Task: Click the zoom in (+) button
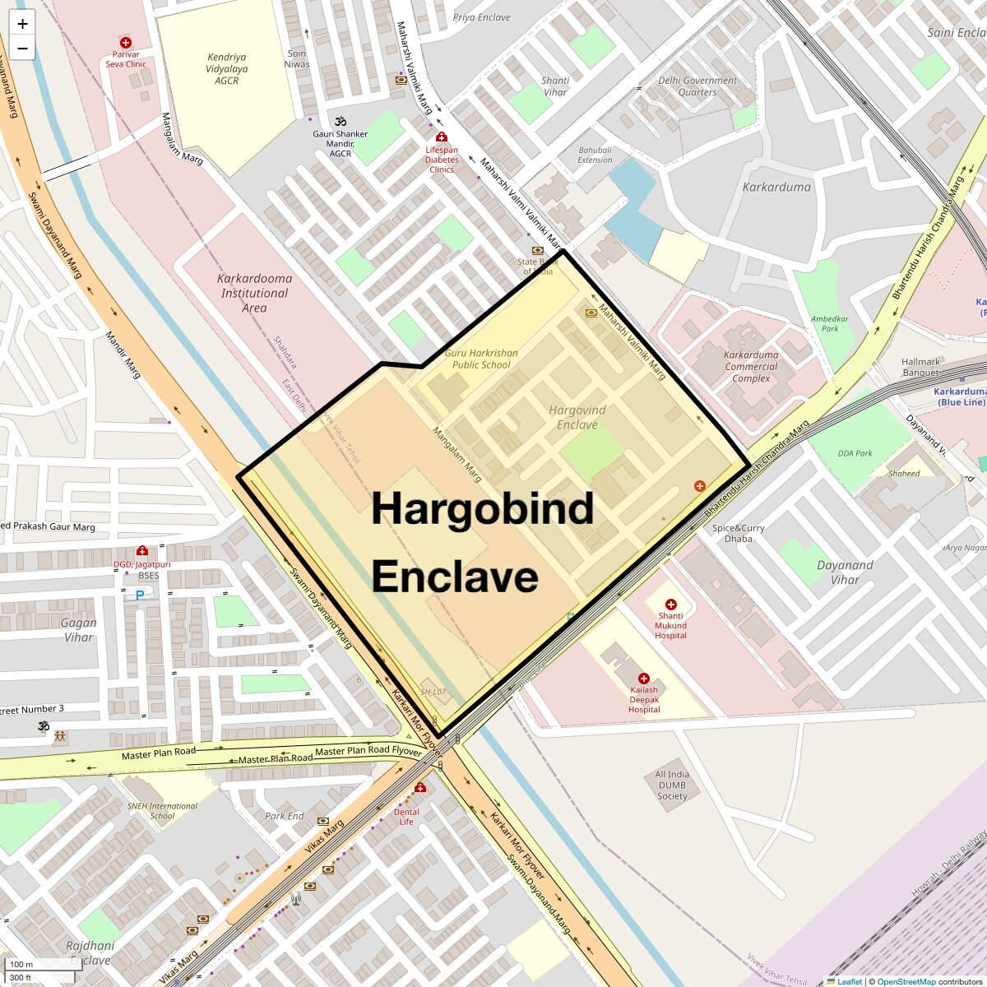coord(22,24)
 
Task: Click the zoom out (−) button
coord(22,49)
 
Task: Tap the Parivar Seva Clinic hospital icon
coord(126,42)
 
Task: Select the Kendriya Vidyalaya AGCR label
coord(226,69)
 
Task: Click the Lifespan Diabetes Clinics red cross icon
coord(442,137)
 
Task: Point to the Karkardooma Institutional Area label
coord(254,293)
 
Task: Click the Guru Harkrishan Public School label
coord(481,359)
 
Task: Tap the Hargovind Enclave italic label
coord(577,417)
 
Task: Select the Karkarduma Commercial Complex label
coord(751,367)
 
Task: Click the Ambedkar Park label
coord(829,323)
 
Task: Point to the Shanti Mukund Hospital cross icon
coord(670,605)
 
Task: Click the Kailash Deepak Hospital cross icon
coord(644,679)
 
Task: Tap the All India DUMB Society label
coord(672,785)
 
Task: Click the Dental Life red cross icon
coord(420,788)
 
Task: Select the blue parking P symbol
coord(140,595)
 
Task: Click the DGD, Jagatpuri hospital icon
coord(142,551)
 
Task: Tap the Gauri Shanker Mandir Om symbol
coord(340,121)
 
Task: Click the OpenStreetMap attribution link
coord(906,981)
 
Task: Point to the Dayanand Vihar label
coord(845,572)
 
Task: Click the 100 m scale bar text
coord(21,965)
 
